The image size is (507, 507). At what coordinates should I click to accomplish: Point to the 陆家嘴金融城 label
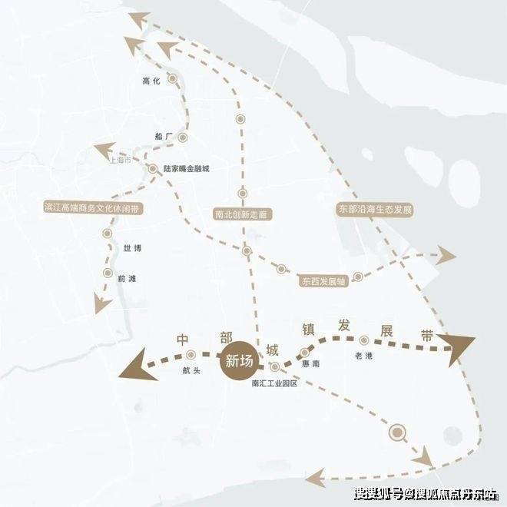(x=186, y=168)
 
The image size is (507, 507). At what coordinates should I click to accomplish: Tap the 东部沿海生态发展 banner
(x=376, y=208)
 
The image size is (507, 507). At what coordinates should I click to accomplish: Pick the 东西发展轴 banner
(x=323, y=282)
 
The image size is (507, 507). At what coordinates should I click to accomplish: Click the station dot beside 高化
(x=174, y=78)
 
